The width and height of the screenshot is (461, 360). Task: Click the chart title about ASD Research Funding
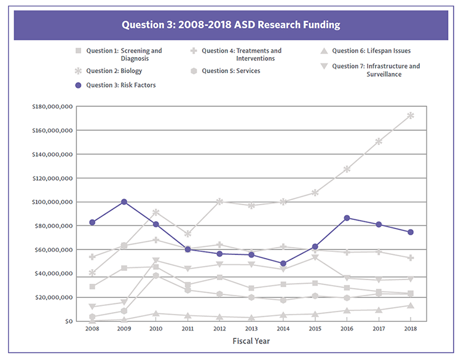point(230,25)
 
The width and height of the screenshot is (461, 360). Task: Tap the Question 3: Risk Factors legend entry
point(116,85)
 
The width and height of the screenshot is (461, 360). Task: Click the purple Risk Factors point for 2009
point(124,202)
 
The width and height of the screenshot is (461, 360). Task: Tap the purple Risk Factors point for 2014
point(283,264)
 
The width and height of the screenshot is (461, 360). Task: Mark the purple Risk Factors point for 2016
point(347,218)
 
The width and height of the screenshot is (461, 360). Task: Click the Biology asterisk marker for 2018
point(411,115)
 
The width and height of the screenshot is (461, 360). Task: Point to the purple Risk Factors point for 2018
point(411,232)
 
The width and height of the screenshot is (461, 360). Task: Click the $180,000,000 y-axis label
point(52,107)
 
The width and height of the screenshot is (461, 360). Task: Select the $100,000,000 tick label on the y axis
point(52,202)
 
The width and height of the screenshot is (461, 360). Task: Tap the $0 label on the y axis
point(68,321)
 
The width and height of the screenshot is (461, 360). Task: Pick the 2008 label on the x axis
point(92,329)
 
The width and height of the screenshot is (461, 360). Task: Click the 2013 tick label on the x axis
point(251,329)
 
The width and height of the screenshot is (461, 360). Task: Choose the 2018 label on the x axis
point(411,329)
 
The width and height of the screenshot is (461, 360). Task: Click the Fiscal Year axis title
point(251,340)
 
